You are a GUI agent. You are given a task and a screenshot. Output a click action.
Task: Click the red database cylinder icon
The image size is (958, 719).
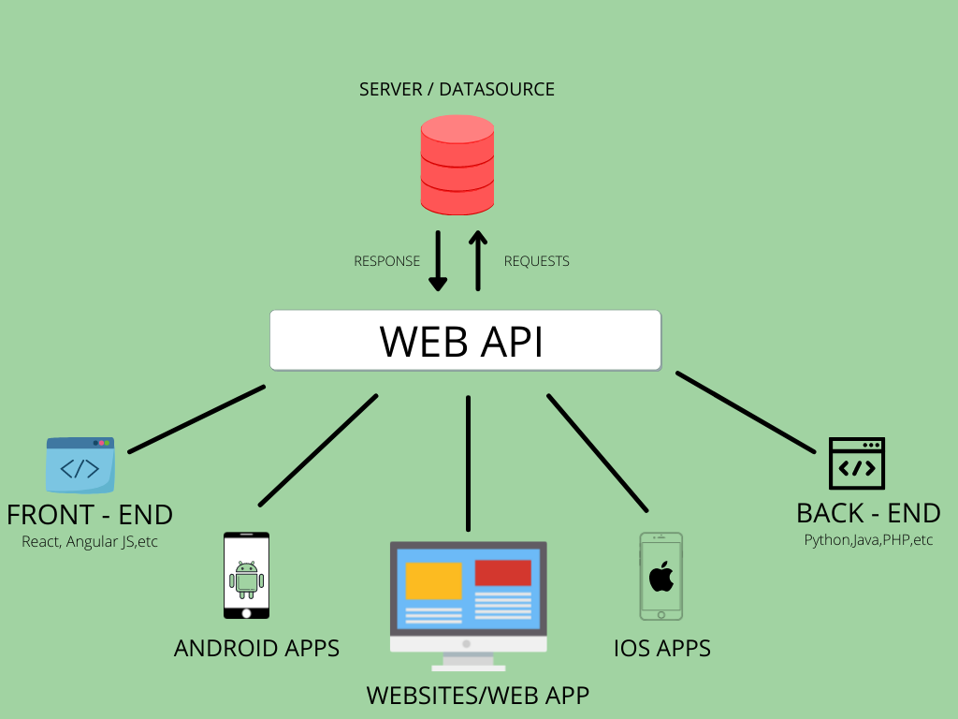pyautogui.click(x=457, y=165)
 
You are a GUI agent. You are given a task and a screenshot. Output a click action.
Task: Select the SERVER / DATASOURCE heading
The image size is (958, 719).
pyautogui.click(x=457, y=90)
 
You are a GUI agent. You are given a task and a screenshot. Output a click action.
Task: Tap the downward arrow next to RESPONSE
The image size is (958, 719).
pyautogui.click(x=438, y=261)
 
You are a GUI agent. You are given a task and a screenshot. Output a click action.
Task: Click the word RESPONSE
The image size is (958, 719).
pyautogui.click(x=386, y=261)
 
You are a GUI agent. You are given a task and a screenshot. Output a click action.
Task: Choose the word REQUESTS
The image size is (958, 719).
pyautogui.click(x=536, y=261)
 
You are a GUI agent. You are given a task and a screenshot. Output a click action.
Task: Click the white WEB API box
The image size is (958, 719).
pyautogui.click(x=465, y=341)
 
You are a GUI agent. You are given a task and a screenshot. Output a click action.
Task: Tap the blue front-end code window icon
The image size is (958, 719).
pyautogui.click(x=80, y=464)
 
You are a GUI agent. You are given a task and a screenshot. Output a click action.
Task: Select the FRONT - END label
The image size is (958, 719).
pyautogui.click(x=90, y=515)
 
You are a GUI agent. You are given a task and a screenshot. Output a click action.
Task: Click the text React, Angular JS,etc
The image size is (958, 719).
pyautogui.click(x=90, y=541)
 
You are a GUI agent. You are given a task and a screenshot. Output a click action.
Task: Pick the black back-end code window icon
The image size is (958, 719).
pyautogui.click(x=856, y=464)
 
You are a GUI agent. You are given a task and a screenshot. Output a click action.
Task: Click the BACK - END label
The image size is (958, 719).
pyautogui.click(x=868, y=513)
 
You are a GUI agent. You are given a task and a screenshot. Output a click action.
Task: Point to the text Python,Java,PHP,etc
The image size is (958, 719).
pyautogui.click(x=868, y=540)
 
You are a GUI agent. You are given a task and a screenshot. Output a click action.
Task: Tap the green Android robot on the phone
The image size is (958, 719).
pyautogui.click(x=246, y=580)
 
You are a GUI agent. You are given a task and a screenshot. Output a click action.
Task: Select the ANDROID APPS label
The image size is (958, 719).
pyautogui.click(x=256, y=648)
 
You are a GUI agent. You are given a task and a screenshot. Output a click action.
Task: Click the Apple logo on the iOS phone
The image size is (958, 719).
pyautogui.click(x=660, y=576)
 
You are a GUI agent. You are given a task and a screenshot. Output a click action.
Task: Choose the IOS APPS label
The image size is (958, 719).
pyautogui.click(x=662, y=648)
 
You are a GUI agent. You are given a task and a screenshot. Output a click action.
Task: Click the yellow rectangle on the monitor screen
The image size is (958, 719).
pyautogui.click(x=433, y=580)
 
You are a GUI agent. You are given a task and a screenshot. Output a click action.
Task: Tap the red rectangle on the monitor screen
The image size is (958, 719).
pyautogui.click(x=502, y=573)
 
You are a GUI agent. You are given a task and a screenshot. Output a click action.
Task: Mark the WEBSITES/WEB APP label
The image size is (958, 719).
pyautogui.click(x=477, y=696)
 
